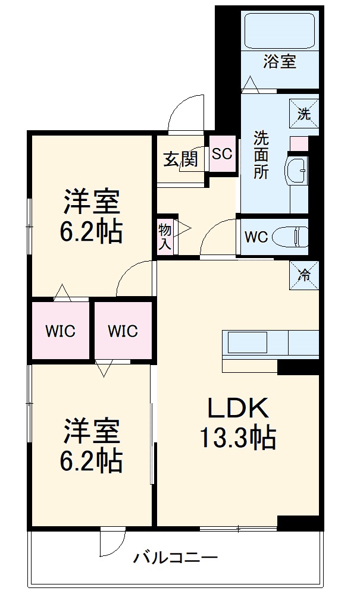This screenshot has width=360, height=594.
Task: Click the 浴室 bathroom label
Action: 280,61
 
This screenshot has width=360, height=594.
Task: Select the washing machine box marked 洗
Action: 304,114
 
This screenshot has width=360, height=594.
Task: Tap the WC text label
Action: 256,237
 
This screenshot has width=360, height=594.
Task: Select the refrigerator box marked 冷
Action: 304,275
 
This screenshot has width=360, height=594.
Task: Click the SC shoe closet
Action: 222,153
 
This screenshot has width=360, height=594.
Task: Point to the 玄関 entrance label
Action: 180,159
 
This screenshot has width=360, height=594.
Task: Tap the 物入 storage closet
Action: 165,236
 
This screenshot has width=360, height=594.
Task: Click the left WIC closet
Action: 61,331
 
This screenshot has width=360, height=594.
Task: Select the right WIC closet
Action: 123,331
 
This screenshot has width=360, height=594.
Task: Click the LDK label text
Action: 238,409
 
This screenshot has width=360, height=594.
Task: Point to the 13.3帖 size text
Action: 237,438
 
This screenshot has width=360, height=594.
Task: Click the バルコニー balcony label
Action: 175,558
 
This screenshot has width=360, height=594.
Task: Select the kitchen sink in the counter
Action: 249,342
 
